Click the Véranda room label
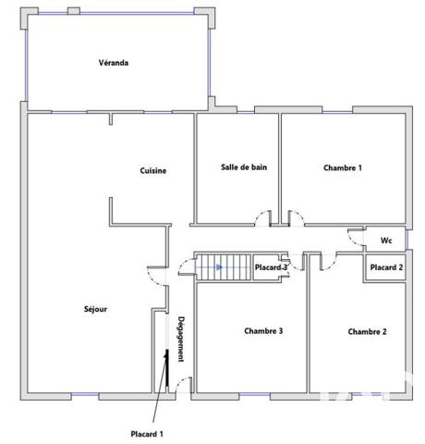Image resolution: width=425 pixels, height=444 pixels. (x=113, y=63)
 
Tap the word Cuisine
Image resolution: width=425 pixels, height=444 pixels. (x=152, y=170)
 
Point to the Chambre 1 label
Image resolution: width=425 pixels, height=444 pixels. (x=342, y=167)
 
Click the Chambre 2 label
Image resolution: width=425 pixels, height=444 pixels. (x=367, y=331)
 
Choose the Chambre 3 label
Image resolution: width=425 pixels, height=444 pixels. (x=263, y=330)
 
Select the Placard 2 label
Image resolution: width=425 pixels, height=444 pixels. (x=386, y=267)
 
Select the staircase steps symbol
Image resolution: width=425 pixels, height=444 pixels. (x=223, y=267)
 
